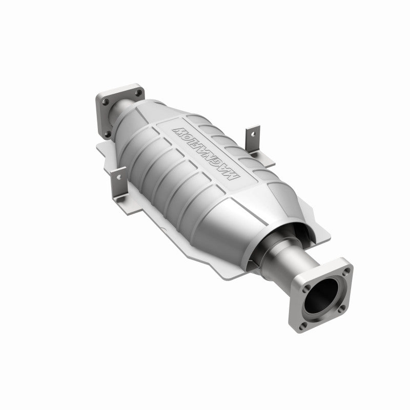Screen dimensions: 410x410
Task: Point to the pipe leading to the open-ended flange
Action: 287,261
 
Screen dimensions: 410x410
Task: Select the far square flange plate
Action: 110,110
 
